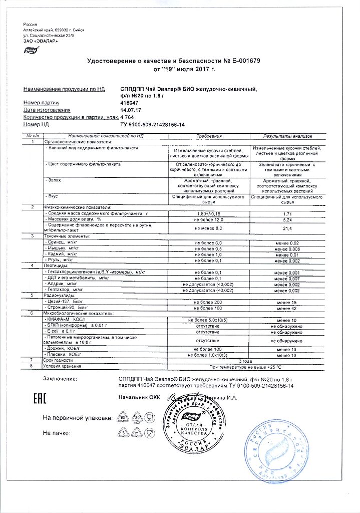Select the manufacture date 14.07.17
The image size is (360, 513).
tap(130, 109)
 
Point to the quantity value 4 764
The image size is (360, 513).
tap(128, 116)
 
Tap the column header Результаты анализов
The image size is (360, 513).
tap(287, 136)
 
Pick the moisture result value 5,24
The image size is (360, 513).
tap(287, 219)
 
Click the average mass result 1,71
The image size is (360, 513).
tap(287, 213)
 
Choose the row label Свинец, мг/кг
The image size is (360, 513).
tap(63, 242)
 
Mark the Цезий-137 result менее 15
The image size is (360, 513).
tap(287, 303)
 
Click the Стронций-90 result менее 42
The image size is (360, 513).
tap(287, 309)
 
